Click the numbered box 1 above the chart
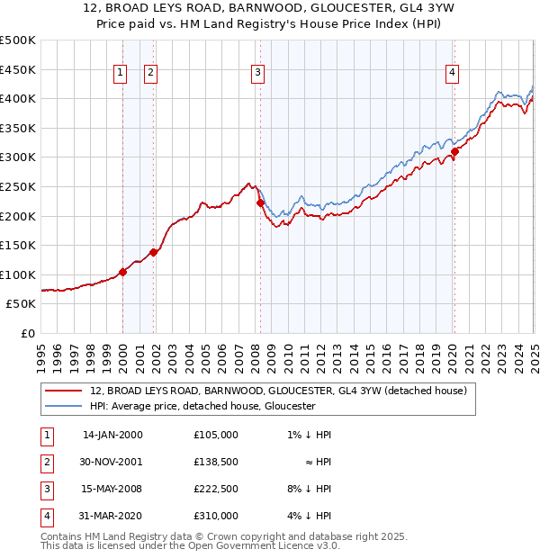[120, 74]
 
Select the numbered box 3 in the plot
[257, 74]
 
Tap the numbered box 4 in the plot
[452, 74]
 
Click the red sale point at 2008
[260, 203]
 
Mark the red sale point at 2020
[455, 151]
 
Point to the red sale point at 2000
[122, 272]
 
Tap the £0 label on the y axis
[27, 333]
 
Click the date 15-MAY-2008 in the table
[112, 489]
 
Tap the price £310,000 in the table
[216, 516]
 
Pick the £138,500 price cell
[216, 462]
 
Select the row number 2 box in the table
[46, 462]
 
